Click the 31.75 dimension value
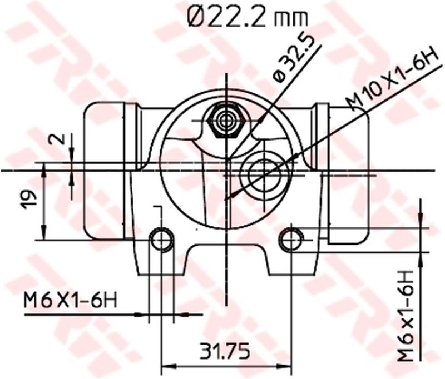[225, 352]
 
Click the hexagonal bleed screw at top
[226, 121]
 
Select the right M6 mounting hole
[291, 240]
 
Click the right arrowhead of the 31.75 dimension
[287, 367]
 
